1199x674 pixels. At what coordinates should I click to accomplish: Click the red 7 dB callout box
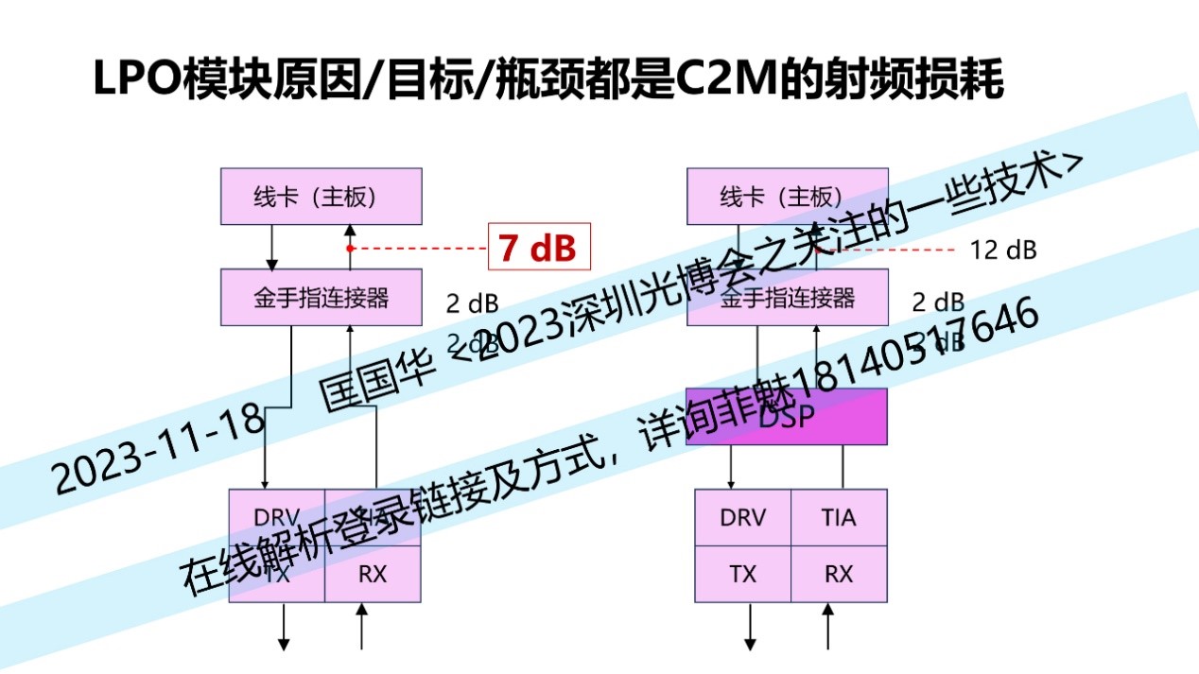[x=539, y=248]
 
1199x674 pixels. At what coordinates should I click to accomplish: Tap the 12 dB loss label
[x=1003, y=251]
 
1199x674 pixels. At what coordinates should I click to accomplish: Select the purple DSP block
[x=787, y=417]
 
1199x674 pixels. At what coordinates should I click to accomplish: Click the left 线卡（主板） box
[x=321, y=197]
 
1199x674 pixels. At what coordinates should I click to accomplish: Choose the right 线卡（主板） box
[x=787, y=197]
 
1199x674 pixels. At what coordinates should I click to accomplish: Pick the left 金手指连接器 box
[x=321, y=297]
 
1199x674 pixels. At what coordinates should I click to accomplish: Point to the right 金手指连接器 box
[x=787, y=297]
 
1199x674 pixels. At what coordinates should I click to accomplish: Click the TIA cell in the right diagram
[x=838, y=518]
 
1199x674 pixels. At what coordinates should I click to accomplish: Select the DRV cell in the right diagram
[x=742, y=518]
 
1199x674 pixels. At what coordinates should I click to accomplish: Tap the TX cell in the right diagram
[x=742, y=574]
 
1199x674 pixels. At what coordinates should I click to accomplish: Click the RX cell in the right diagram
[x=838, y=574]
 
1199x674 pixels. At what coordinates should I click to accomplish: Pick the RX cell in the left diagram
[x=373, y=574]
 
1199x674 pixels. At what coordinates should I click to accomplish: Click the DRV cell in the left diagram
[x=277, y=517]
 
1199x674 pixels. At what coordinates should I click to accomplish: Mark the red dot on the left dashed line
[x=350, y=249]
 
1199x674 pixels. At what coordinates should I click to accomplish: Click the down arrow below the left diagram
[x=283, y=629]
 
